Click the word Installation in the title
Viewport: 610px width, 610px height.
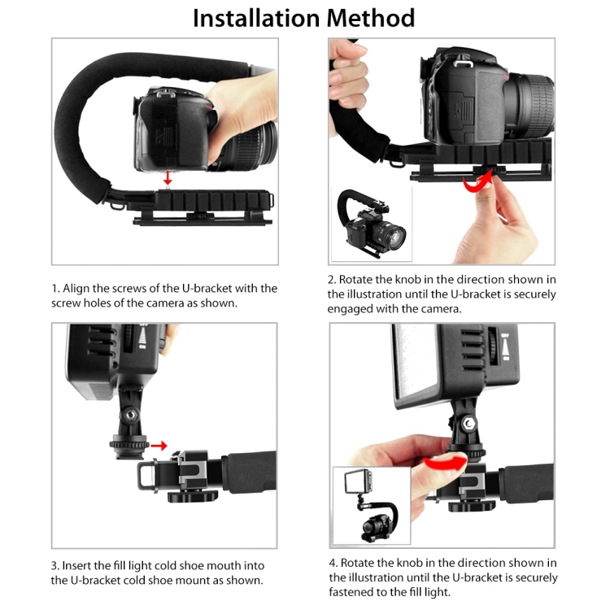(255, 18)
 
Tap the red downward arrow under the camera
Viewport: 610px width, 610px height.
(167, 178)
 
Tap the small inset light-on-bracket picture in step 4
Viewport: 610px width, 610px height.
(371, 506)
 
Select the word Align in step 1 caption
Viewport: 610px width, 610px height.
(80, 289)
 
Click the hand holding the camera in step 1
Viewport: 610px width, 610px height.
(240, 102)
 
